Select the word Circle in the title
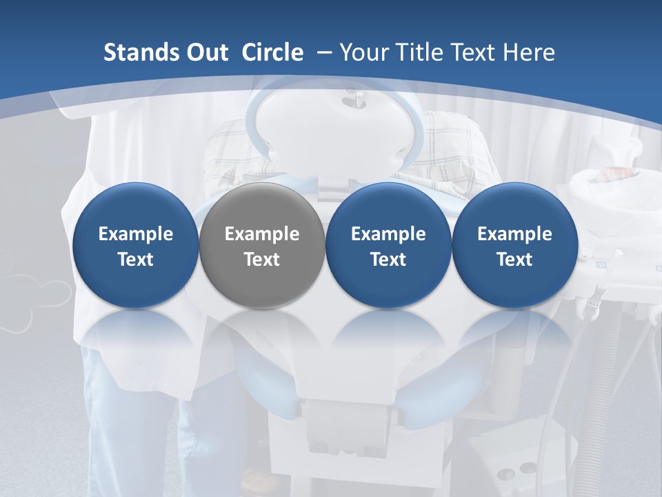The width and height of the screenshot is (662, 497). pos(272,52)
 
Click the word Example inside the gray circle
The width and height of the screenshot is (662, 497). pos(262,234)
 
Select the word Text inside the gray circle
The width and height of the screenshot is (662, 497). pos(262,260)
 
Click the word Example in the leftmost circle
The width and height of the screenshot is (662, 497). pos(136,234)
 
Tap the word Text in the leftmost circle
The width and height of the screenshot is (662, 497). pos(136,260)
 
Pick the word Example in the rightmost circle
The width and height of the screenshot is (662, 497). pos(514,234)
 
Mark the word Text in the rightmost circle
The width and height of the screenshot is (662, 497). pos(514,260)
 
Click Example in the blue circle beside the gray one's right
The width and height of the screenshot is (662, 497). pos(388,234)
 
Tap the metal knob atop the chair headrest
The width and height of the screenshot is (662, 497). pos(359,102)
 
